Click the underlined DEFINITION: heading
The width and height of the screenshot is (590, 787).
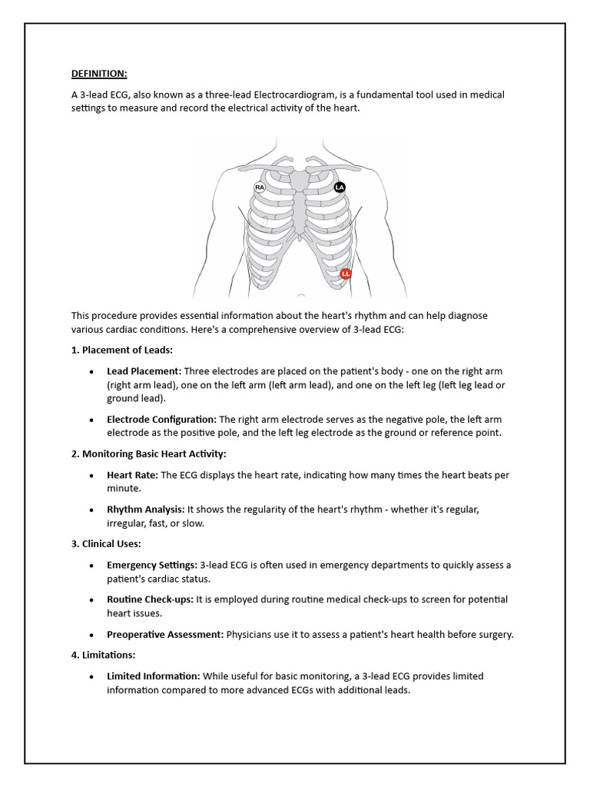click(99, 73)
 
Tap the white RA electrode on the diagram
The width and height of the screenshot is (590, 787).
click(260, 187)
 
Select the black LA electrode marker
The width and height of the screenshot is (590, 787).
click(340, 187)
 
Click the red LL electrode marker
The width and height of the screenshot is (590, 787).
click(346, 274)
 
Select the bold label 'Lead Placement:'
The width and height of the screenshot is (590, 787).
click(144, 370)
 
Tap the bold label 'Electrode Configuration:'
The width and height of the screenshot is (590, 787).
click(161, 419)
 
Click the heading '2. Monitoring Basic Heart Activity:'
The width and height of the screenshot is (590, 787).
click(148, 453)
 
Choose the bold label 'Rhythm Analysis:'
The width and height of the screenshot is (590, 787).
click(145, 510)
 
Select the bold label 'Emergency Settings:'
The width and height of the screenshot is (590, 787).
click(151, 565)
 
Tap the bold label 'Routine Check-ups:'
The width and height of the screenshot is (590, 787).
click(150, 599)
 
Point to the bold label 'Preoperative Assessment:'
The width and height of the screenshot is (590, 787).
click(165, 634)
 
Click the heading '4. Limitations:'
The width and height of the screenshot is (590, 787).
click(104, 655)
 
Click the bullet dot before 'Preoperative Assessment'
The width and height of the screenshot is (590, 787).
click(91, 636)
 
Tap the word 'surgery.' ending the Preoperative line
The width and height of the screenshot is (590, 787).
click(494, 634)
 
